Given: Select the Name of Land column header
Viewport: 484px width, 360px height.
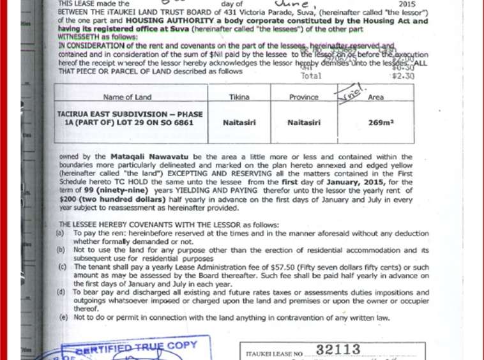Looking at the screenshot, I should point(128,97).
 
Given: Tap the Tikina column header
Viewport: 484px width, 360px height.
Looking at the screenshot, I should point(239,97).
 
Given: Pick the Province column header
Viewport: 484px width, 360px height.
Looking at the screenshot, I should point(303,97).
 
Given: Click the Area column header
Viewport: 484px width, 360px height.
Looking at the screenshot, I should point(376,97).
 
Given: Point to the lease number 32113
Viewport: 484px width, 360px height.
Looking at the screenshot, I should point(338,350).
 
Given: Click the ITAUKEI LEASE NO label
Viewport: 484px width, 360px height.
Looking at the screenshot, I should point(273,352).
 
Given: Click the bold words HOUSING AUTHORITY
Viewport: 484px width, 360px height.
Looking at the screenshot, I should point(159,21).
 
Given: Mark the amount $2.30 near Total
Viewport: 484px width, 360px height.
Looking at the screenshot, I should point(404,76).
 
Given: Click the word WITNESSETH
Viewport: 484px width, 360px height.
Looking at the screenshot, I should point(78,38).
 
